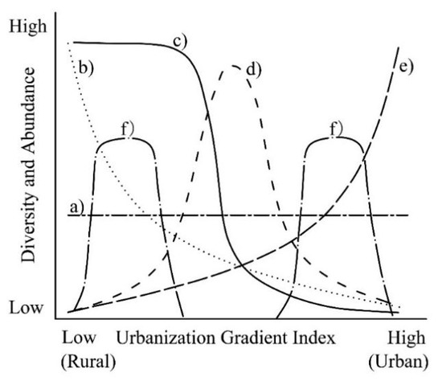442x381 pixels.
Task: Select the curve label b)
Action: tap(85, 68)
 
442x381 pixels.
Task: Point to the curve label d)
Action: tap(256, 70)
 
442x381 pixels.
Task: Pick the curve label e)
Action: tap(405, 66)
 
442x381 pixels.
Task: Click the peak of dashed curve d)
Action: tap(234, 64)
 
